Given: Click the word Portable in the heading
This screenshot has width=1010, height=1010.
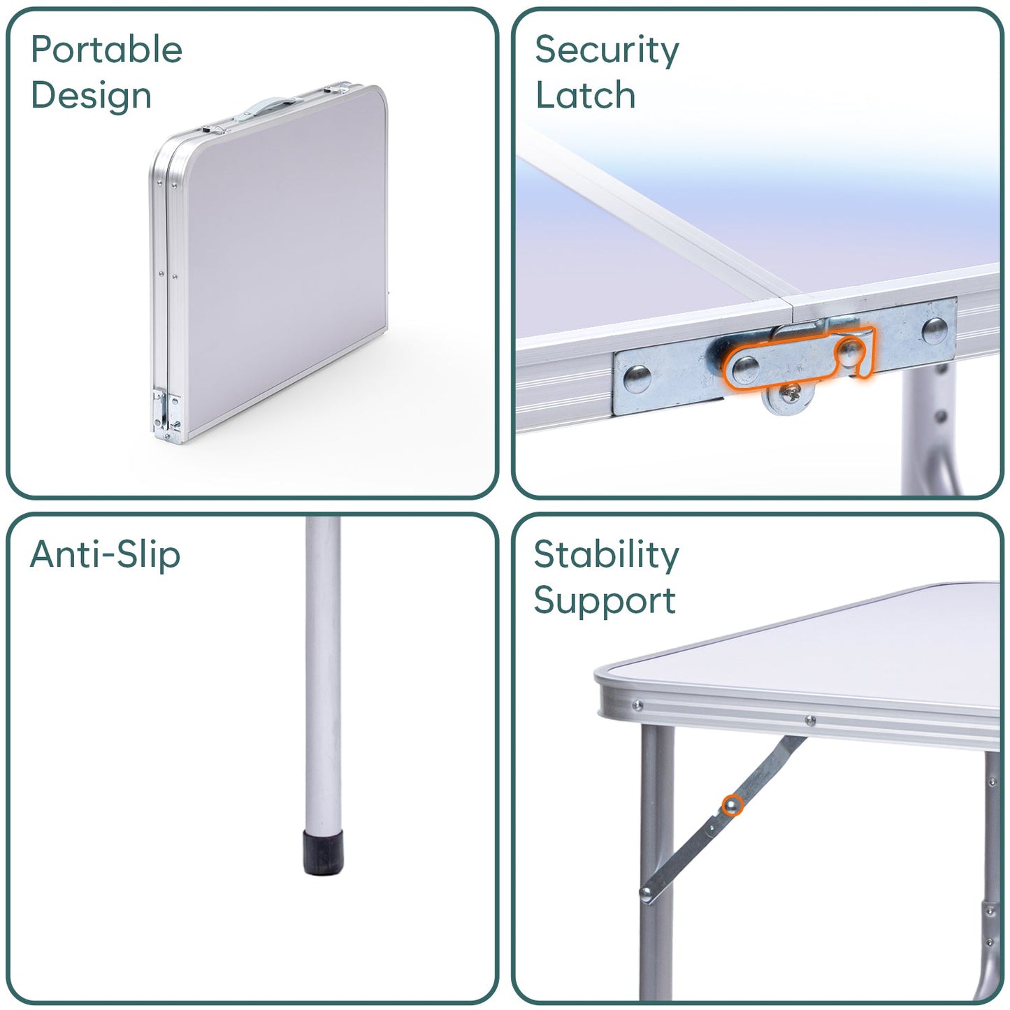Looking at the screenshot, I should tap(106, 50).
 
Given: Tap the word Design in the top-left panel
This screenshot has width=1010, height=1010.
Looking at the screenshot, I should tap(91, 96).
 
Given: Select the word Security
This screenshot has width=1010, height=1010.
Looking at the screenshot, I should tap(607, 50).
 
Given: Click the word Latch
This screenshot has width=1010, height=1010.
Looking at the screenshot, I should tap(585, 96).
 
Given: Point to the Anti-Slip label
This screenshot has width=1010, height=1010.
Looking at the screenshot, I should tap(106, 555).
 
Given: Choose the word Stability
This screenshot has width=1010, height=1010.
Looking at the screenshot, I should tap(606, 555).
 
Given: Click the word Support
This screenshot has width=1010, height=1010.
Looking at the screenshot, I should tap(605, 601).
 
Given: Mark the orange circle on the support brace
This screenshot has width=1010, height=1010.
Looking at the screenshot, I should tap(732, 806).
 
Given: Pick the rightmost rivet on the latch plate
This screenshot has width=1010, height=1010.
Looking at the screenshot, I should tap(935, 331).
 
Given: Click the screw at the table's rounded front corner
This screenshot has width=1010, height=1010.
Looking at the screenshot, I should tap(637, 705).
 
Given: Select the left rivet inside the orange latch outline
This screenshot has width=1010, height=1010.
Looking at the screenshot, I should tap(746, 366).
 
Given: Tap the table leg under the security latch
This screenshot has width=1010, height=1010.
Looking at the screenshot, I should tap(922, 433).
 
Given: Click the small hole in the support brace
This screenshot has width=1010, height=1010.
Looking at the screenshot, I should tap(712, 827).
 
